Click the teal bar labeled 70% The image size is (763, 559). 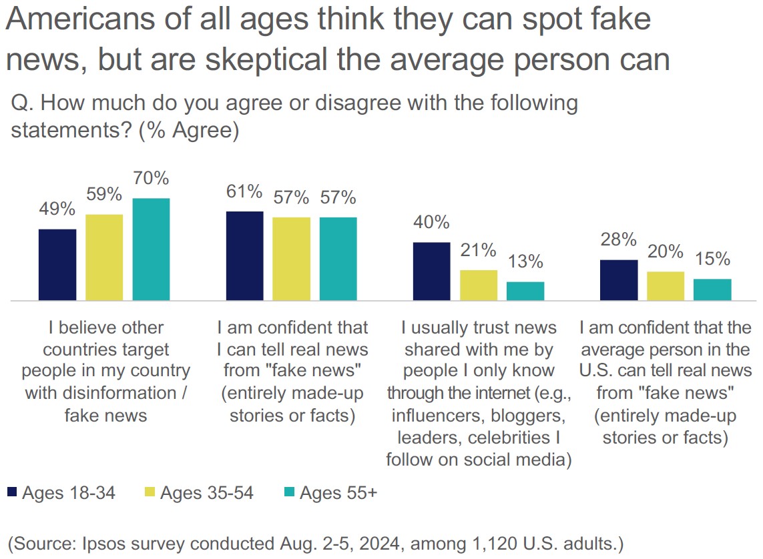point(151,249)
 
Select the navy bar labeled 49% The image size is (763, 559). point(57,265)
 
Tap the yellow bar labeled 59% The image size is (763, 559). point(104,257)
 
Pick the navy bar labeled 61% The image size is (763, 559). point(245,256)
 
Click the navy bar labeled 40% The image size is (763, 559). point(432,271)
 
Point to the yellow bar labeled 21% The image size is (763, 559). point(479,286)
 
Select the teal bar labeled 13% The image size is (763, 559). point(525,292)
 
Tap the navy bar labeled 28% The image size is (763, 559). point(619,280)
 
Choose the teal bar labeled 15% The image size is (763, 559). point(712,290)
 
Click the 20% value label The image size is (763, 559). point(666,251)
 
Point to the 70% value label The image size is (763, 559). point(151,179)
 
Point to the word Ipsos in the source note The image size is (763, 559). point(116,541)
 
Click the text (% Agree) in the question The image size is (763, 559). point(189,130)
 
